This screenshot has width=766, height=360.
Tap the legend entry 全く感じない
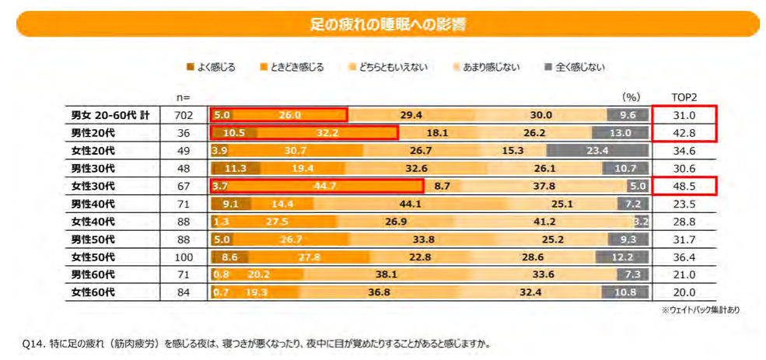(x=575, y=68)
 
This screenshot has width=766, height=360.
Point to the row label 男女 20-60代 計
(x=110, y=115)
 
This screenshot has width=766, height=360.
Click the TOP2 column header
(x=684, y=97)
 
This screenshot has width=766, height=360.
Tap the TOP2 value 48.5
(x=684, y=186)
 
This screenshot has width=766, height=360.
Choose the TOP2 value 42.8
(x=684, y=133)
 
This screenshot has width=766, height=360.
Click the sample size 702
(x=184, y=115)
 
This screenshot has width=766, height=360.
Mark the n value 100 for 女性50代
(x=184, y=257)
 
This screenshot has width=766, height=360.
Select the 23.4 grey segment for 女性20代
(x=597, y=151)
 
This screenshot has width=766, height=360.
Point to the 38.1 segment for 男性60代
(x=386, y=274)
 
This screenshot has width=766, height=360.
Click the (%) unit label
(x=631, y=97)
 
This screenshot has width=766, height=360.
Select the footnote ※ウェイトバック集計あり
(x=700, y=309)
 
